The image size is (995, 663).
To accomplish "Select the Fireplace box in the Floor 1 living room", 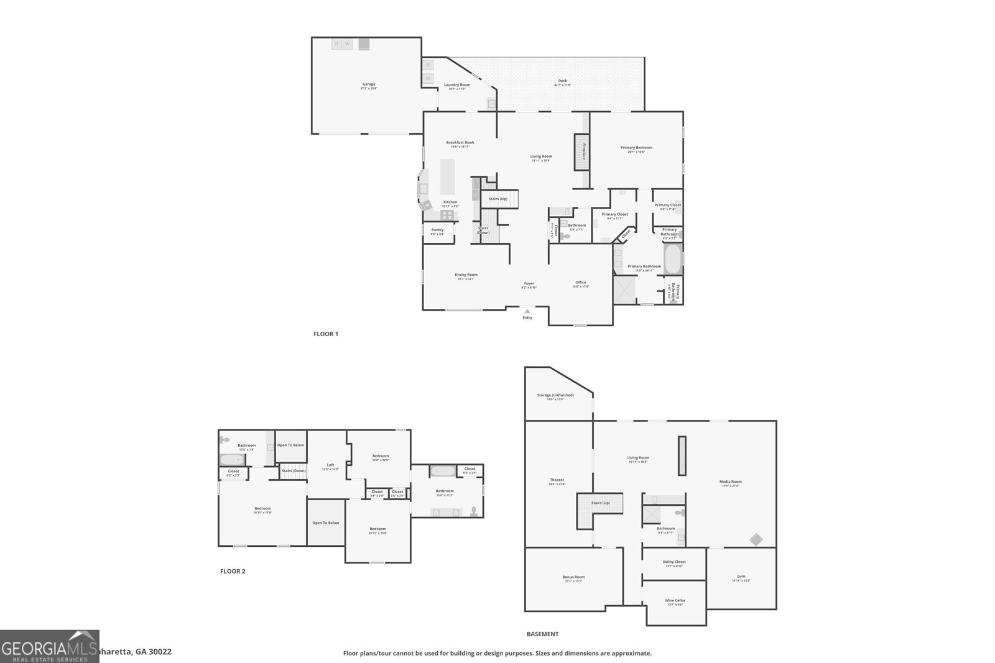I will click(581, 152).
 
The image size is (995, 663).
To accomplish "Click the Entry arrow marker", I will click(527, 311).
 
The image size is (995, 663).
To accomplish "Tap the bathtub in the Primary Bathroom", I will click(672, 260).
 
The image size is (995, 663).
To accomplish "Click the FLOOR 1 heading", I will click(325, 334).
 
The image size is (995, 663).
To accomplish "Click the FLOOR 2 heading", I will click(233, 571).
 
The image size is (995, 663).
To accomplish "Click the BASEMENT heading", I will click(542, 634).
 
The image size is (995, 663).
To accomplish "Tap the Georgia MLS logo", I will click(49, 646).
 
